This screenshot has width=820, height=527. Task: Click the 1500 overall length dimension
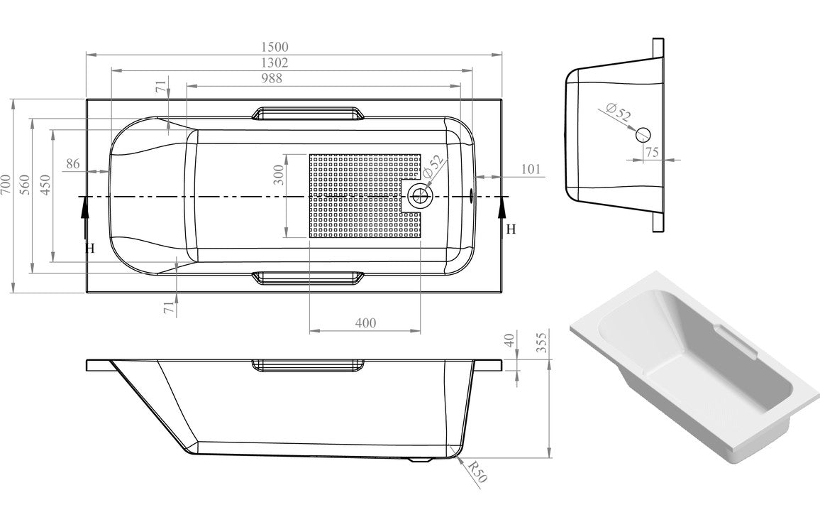[x=278, y=46]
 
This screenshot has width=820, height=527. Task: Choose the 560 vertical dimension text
[x=26, y=187]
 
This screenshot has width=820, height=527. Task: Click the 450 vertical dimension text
[x=45, y=187]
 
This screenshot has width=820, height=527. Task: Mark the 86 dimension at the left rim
[x=72, y=164]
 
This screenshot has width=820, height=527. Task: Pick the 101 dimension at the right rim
[x=531, y=169]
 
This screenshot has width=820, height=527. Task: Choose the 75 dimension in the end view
[x=653, y=151]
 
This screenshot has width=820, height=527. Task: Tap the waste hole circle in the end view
[x=643, y=134]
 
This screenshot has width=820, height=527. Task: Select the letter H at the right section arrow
[x=511, y=229]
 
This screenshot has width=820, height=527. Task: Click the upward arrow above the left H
[x=85, y=208]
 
